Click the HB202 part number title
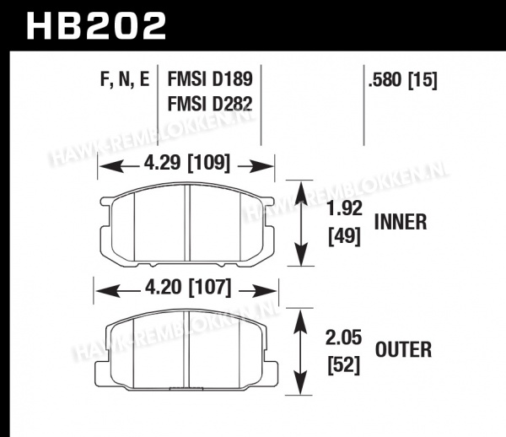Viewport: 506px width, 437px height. (x=96, y=26)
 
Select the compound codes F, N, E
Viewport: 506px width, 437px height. (x=125, y=78)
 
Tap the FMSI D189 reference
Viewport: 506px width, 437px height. (x=210, y=79)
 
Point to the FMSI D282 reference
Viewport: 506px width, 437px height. (x=210, y=104)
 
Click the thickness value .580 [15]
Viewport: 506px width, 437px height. (x=403, y=79)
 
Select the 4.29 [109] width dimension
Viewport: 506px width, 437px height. (x=187, y=164)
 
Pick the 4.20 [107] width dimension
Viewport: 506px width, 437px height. (x=188, y=288)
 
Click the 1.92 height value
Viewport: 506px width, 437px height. (x=345, y=208)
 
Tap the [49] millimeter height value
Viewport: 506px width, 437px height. (x=344, y=236)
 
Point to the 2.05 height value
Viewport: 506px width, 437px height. (x=343, y=338)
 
